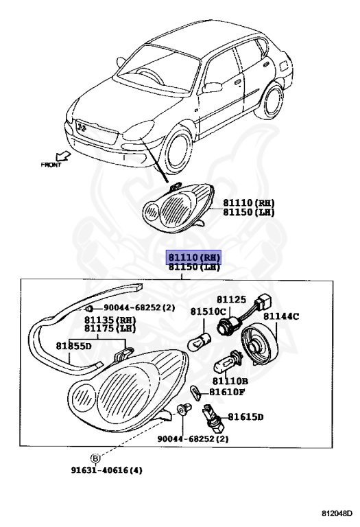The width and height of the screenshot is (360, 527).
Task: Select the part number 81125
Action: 231,300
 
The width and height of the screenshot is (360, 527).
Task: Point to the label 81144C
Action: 282,316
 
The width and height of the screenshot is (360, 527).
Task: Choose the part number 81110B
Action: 230,381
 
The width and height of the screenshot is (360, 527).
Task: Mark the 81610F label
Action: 227,393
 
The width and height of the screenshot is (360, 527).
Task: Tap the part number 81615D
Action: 246,417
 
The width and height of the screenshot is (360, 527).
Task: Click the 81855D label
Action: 74,346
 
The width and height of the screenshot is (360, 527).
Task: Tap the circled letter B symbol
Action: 95,458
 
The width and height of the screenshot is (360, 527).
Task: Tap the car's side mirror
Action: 213,87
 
